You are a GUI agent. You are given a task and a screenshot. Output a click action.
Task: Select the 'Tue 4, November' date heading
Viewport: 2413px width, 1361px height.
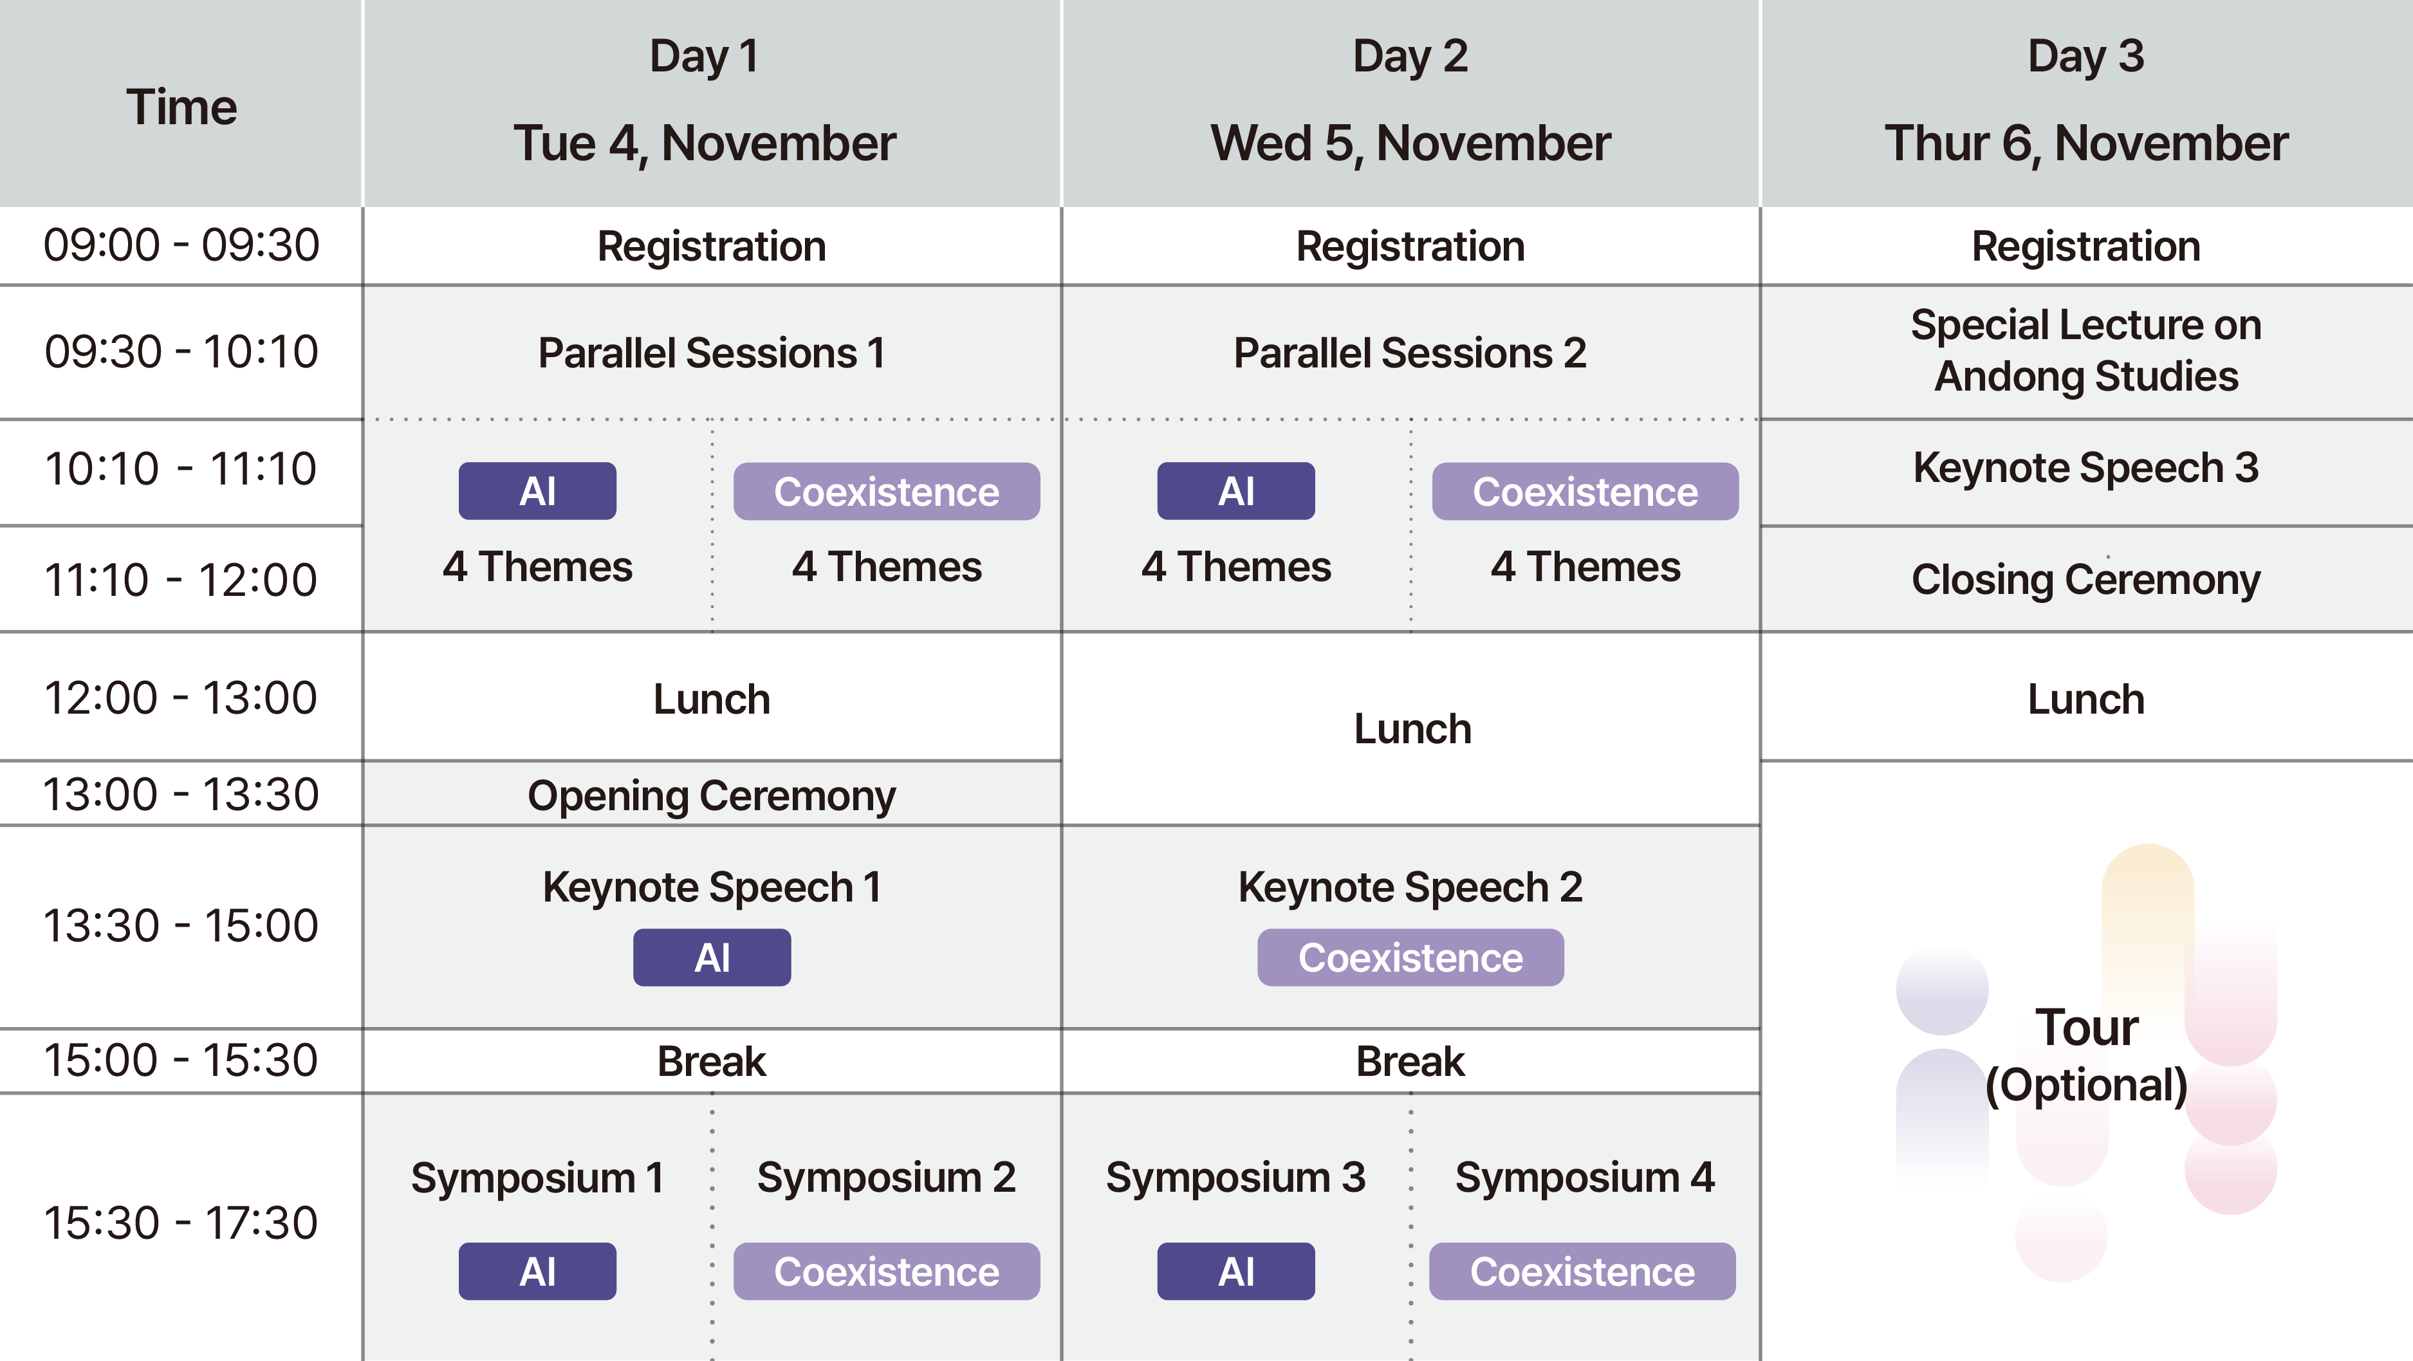coord(705,144)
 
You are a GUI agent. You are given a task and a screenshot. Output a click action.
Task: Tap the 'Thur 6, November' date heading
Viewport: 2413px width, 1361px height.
coord(2086,144)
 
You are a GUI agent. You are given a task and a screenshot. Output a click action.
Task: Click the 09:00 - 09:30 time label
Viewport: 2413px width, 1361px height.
coord(181,245)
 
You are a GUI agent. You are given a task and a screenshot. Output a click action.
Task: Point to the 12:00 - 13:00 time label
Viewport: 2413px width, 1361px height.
coord(181,698)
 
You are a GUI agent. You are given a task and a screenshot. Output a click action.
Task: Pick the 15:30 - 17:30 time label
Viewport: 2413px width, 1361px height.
coord(181,1223)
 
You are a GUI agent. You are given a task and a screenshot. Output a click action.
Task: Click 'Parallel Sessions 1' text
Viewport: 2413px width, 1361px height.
coord(711,353)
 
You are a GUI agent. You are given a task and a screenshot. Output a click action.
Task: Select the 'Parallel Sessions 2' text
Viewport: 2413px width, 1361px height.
coord(1410,353)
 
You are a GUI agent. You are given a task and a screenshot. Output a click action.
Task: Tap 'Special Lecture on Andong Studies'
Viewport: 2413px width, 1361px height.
coord(2086,350)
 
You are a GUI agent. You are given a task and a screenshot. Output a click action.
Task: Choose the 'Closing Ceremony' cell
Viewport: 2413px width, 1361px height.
coord(2086,579)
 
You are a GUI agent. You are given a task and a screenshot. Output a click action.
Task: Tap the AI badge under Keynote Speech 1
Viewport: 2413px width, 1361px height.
coord(712,958)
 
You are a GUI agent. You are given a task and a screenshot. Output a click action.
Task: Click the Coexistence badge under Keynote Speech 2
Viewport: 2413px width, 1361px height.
coord(1410,958)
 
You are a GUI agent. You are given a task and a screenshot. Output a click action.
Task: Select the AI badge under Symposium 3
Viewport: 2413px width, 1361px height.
coord(1237,1271)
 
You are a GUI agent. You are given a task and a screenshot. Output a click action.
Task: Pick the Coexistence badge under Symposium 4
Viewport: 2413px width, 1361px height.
coord(1582,1271)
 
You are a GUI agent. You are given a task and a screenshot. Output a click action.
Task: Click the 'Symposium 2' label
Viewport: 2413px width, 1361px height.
coord(886,1178)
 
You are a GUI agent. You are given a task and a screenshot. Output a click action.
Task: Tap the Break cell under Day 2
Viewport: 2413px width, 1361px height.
coord(1410,1061)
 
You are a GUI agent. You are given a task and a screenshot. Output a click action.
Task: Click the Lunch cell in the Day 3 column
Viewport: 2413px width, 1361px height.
coord(2086,699)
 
